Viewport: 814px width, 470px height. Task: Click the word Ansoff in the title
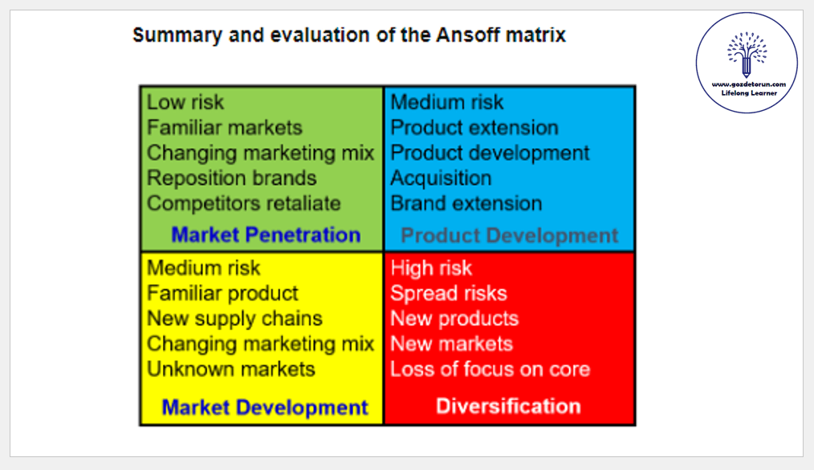coord(468,35)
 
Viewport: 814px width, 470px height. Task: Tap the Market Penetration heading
coord(266,235)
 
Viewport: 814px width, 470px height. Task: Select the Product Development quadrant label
coord(509,235)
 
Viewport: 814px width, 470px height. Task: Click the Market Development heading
coord(265,407)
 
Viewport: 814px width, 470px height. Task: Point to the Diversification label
coord(508,406)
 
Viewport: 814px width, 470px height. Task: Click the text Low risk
coord(185,102)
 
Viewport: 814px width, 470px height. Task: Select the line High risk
coord(431,268)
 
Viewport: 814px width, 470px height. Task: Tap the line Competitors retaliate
coord(244,203)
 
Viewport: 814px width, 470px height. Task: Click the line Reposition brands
coord(231,178)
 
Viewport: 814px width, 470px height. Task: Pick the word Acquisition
coord(441,178)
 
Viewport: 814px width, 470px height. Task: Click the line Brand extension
coord(466,203)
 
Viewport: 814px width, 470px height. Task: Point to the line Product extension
coord(474,128)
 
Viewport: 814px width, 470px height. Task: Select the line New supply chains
coord(234,318)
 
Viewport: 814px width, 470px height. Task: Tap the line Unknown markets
coord(231,370)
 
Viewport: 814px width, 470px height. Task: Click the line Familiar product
coord(222,293)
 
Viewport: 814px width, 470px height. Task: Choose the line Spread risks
coord(449,293)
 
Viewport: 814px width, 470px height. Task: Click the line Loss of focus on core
coord(490,370)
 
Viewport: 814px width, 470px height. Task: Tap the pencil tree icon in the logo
coord(747,55)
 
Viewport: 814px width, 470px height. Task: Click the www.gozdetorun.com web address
coord(749,84)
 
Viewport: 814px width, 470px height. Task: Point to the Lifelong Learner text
coord(749,93)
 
